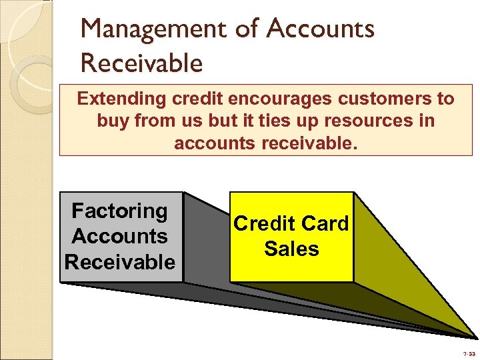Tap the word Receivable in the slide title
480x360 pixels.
coord(141,63)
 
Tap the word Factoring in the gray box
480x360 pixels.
coord(120,211)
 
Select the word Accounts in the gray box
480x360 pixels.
coord(120,236)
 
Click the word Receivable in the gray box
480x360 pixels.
coord(120,262)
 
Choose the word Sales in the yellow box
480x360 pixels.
coord(291,249)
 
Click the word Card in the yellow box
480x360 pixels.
coord(323,223)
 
